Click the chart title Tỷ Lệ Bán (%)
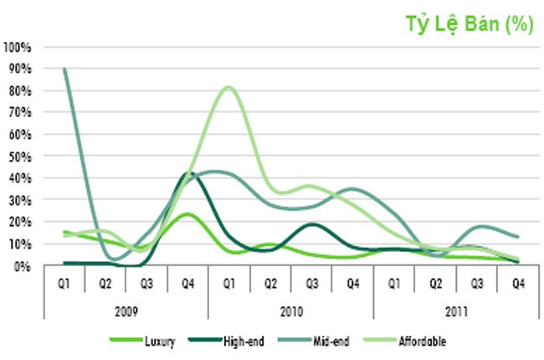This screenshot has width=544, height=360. (470, 25)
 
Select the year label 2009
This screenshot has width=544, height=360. (126, 311)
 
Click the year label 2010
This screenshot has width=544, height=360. (290, 311)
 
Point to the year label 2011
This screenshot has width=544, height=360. (456, 311)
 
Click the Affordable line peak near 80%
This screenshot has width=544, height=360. (228, 87)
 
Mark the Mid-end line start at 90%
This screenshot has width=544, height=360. (64, 69)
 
